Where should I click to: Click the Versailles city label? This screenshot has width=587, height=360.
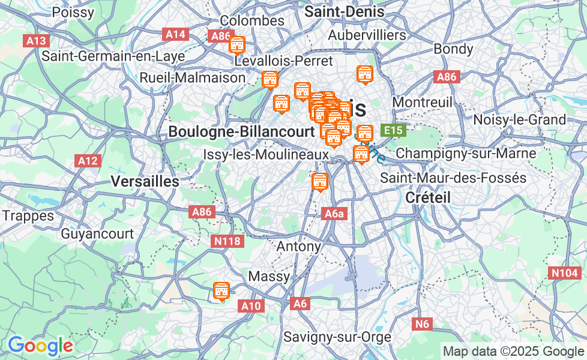tap(145, 181)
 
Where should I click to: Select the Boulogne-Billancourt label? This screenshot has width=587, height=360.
tap(241, 131)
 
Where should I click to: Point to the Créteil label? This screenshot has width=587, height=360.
tap(428, 197)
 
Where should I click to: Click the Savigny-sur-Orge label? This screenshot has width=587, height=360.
tap(337, 337)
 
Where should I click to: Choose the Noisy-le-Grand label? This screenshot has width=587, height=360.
tap(519, 119)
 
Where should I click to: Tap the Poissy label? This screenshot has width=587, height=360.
tap(73, 12)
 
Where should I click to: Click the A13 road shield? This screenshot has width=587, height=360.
tap(36, 41)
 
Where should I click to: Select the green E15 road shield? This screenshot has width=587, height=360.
tap(394, 130)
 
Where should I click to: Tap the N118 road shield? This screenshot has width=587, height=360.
tap(228, 241)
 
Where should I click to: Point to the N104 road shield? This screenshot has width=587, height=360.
tap(564, 273)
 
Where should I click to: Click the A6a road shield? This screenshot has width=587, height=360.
tap(334, 214)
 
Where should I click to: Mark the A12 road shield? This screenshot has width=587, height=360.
tap(88, 160)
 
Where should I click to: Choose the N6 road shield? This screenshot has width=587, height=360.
tap(423, 324)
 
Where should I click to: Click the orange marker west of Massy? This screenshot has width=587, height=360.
tap(221, 291)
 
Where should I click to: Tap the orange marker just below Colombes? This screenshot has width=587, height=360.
tap(237, 45)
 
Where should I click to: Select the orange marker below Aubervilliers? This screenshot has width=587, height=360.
tap(364, 75)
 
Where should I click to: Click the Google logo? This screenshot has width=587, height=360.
tap(40, 346)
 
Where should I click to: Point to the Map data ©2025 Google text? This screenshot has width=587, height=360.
tap(513, 351)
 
